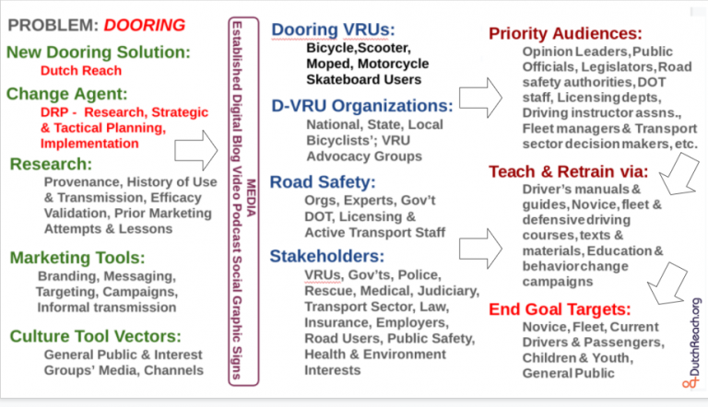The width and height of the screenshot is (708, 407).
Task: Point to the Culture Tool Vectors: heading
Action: click(x=95, y=336)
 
